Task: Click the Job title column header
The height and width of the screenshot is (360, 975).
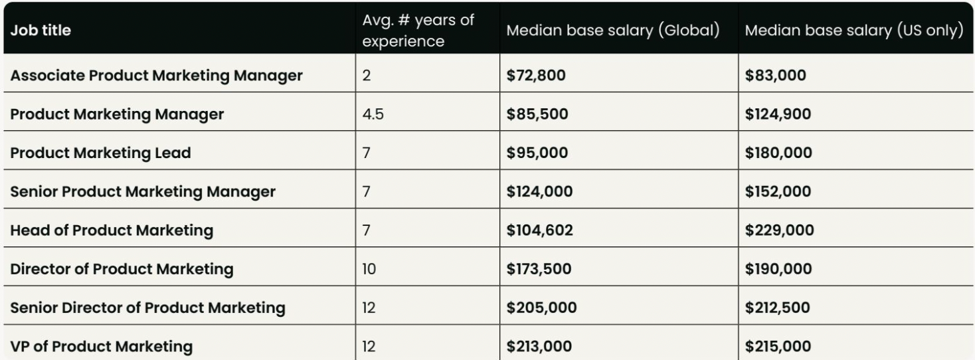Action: click(x=41, y=30)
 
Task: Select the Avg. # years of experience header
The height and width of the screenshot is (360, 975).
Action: click(x=418, y=30)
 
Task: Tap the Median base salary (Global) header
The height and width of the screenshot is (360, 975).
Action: click(x=613, y=31)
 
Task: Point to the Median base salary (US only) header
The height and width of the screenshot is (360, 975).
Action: click(x=853, y=31)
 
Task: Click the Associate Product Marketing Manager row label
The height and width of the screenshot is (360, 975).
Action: click(x=156, y=76)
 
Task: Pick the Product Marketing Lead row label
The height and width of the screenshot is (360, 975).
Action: click(x=100, y=153)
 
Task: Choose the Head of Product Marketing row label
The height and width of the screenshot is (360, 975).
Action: click(x=112, y=230)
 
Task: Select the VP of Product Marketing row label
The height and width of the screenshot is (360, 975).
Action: click(x=102, y=346)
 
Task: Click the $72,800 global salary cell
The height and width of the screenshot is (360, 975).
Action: click(x=536, y=76)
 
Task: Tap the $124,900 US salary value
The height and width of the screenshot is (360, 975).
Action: click(x=778, y=114)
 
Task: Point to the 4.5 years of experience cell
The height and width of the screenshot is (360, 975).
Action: click(x=373, y=114)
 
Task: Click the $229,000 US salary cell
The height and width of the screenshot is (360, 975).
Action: click(x=779, y=230)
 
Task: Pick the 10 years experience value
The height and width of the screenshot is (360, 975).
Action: click(x=369, y=269)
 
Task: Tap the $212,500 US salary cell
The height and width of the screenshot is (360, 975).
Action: click(x=778, y=308)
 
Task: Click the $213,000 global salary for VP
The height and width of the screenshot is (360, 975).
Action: click(x=538, y=346)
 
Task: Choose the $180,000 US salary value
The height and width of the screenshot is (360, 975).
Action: click(x=778, y=153)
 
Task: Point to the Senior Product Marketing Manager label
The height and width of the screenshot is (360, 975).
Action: click(x=142, y=192)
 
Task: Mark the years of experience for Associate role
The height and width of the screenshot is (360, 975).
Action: click(x=367, y=76)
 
